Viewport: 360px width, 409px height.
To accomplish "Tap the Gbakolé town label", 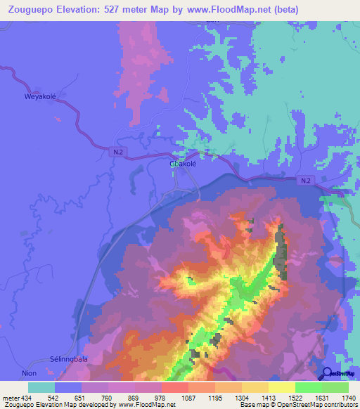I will pos(182,164).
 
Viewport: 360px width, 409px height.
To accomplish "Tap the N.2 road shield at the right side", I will pos(304,181).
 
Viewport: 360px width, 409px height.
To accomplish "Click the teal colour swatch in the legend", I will pos(41,387).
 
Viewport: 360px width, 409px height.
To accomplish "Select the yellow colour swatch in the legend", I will pos(282,387).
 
